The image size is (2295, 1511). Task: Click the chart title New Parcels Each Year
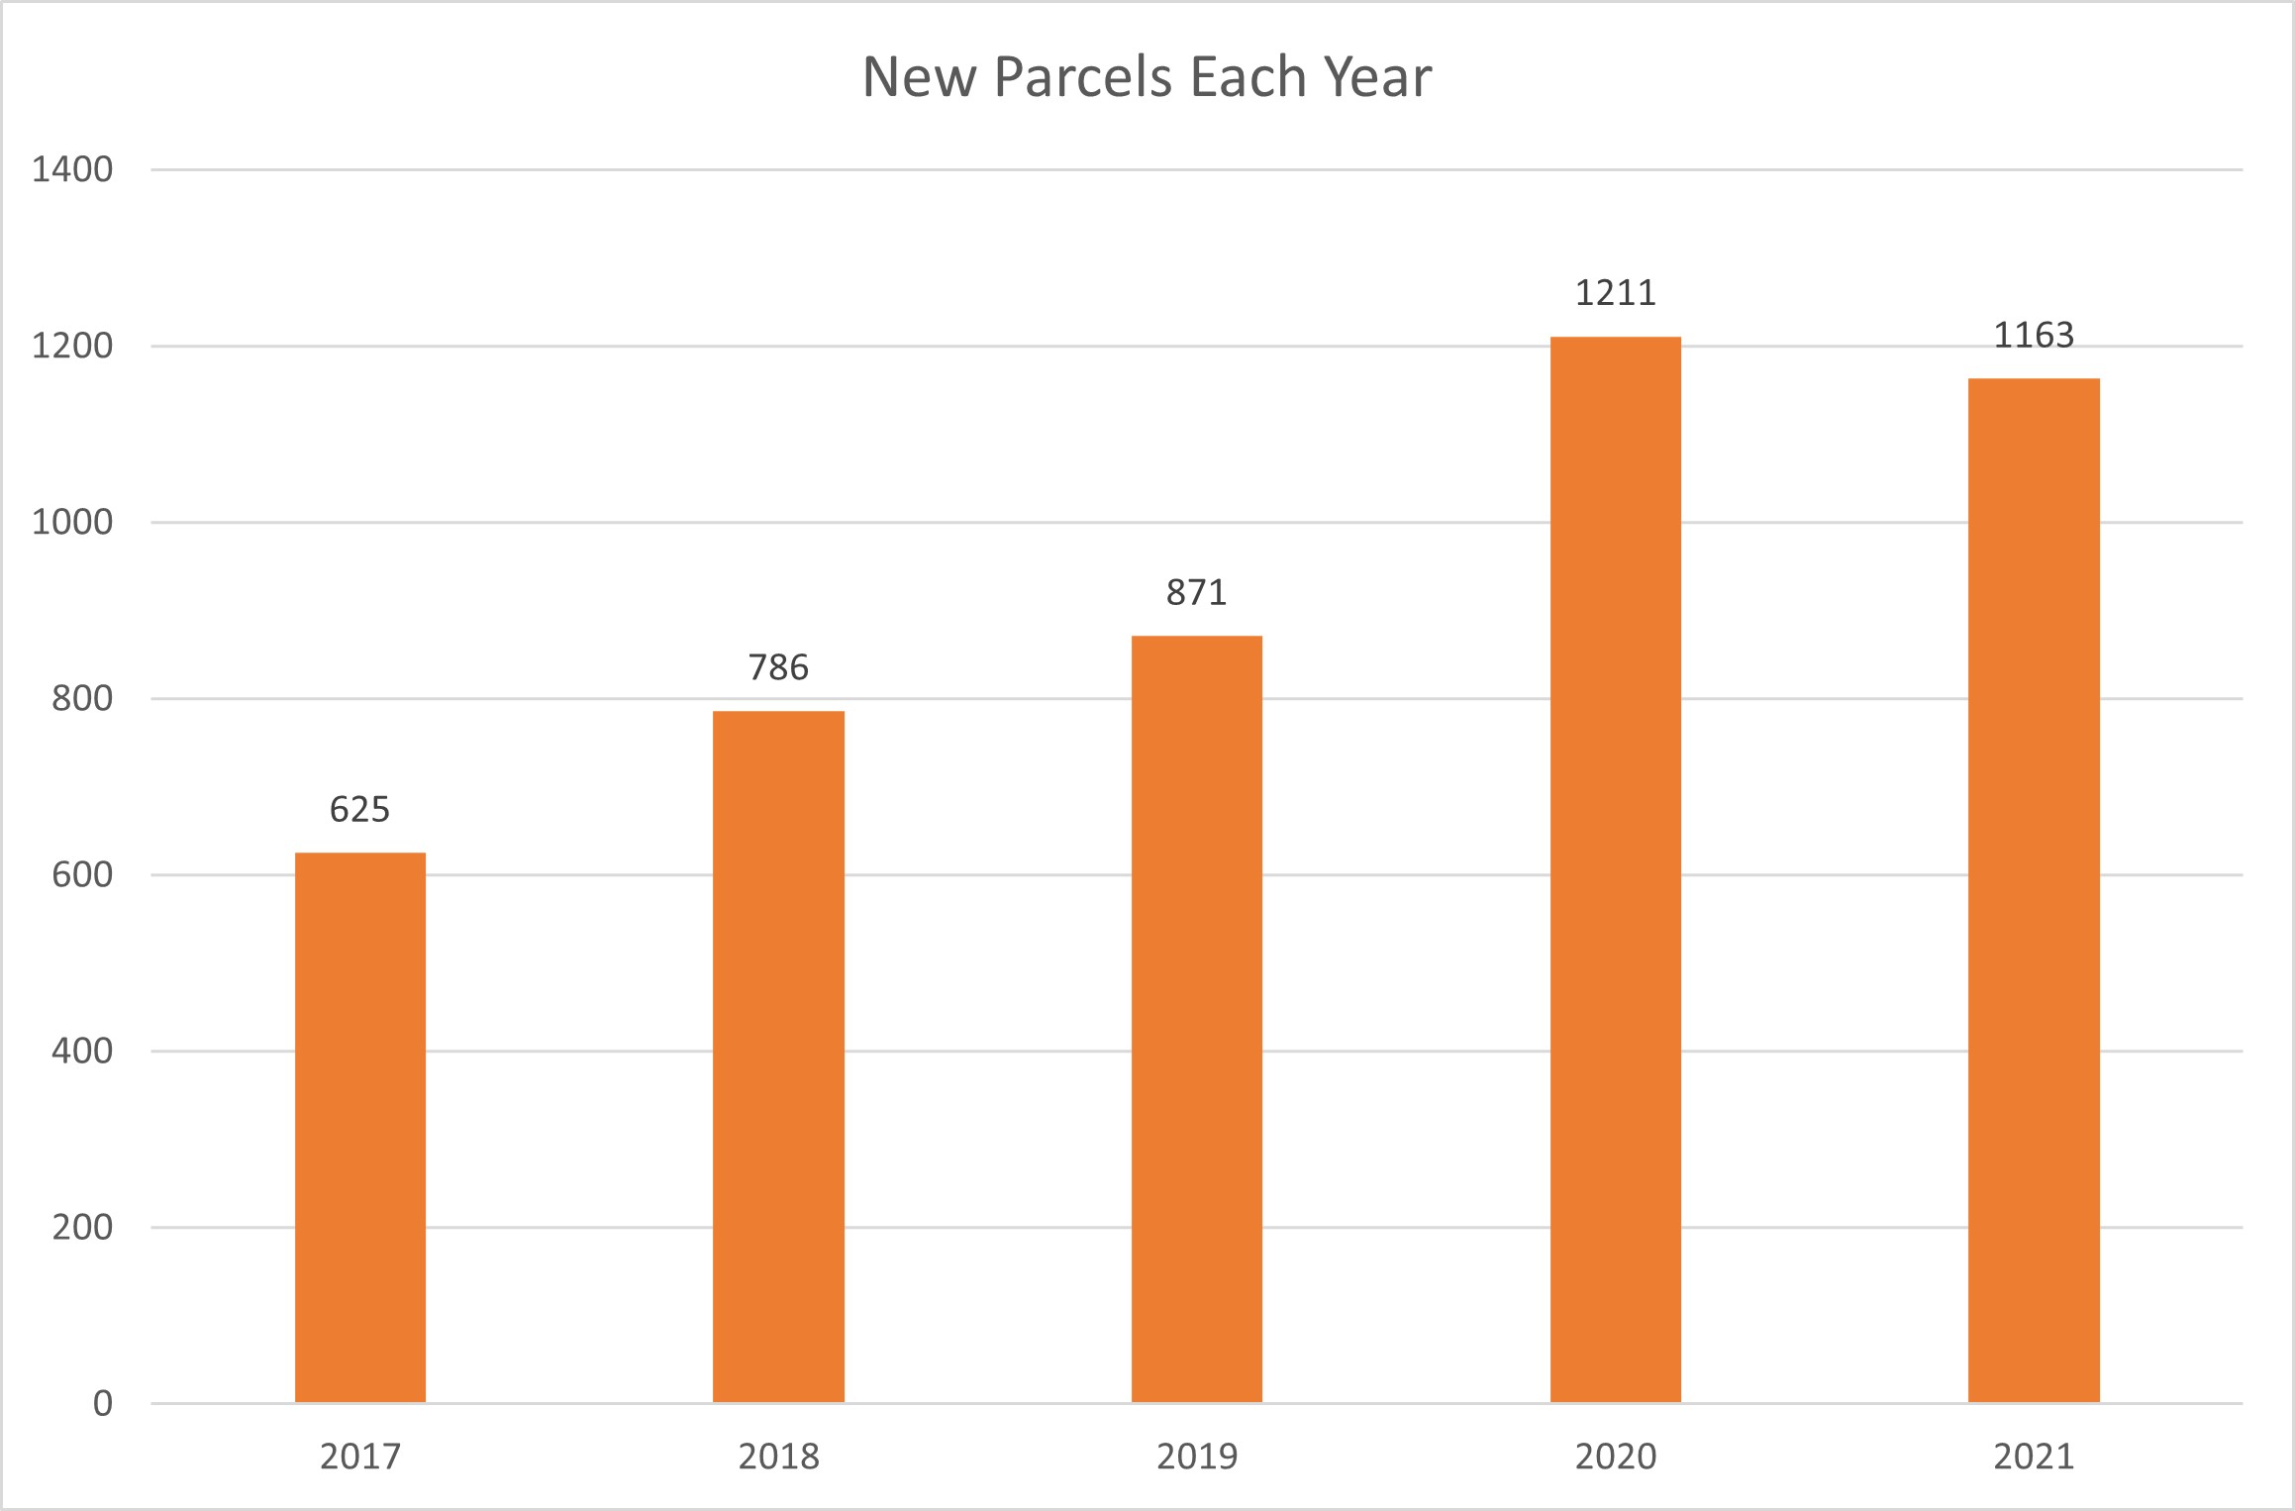1147,77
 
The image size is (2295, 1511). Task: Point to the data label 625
359,810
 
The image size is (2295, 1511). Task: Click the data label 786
778,668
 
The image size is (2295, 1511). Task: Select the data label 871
1196,593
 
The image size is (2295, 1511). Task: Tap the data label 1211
1615,293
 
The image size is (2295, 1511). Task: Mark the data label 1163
2034,336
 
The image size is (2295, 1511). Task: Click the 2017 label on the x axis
360,1457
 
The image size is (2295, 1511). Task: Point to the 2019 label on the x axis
1197,1457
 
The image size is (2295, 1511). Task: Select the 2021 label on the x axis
2034,1457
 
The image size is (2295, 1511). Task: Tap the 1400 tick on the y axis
72,170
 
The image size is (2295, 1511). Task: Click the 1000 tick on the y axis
72,523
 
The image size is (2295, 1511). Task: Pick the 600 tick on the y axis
82,875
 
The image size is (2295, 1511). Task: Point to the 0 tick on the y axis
103,1403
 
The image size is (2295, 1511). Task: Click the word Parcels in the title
1085,77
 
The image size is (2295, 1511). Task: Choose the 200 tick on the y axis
82,1228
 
